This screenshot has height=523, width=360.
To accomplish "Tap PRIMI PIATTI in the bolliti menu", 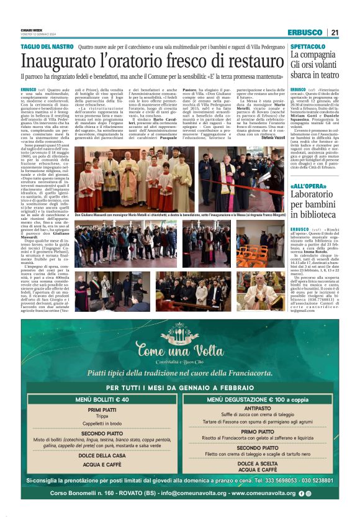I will point(102,410).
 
